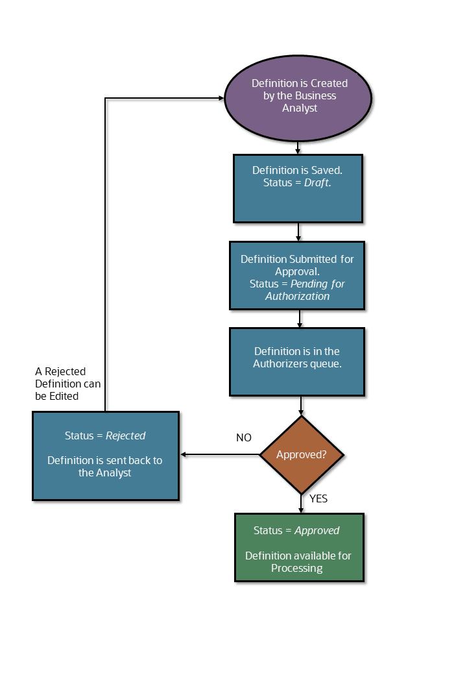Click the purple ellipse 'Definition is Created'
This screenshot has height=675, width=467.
pos(298,96)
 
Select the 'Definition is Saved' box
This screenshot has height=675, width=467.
pos(298,188)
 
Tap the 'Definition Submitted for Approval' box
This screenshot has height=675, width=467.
pos(297,276)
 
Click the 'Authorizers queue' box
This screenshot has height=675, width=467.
pos(297,362)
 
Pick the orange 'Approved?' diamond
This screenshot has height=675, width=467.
pos(301,455)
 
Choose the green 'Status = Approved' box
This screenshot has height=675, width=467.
pos(299,548)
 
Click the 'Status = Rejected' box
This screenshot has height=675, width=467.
pos(105,456)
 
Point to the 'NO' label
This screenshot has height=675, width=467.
pos(243,438)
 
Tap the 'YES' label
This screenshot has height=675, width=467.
pos(318,499)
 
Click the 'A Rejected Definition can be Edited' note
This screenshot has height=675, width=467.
pos(67,384)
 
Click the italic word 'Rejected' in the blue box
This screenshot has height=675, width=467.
pos(125,436)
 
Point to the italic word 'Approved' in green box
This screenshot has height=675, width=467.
pos(317,530)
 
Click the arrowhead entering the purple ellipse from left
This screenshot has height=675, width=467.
pos(221,99)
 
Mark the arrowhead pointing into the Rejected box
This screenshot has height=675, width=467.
pos(184,455)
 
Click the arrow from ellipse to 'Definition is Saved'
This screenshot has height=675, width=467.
pos(298,148)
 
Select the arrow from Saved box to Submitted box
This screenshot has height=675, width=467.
pos(298,232)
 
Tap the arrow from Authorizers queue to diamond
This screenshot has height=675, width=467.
pos(301,406)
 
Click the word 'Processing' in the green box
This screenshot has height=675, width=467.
pos(296,568)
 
